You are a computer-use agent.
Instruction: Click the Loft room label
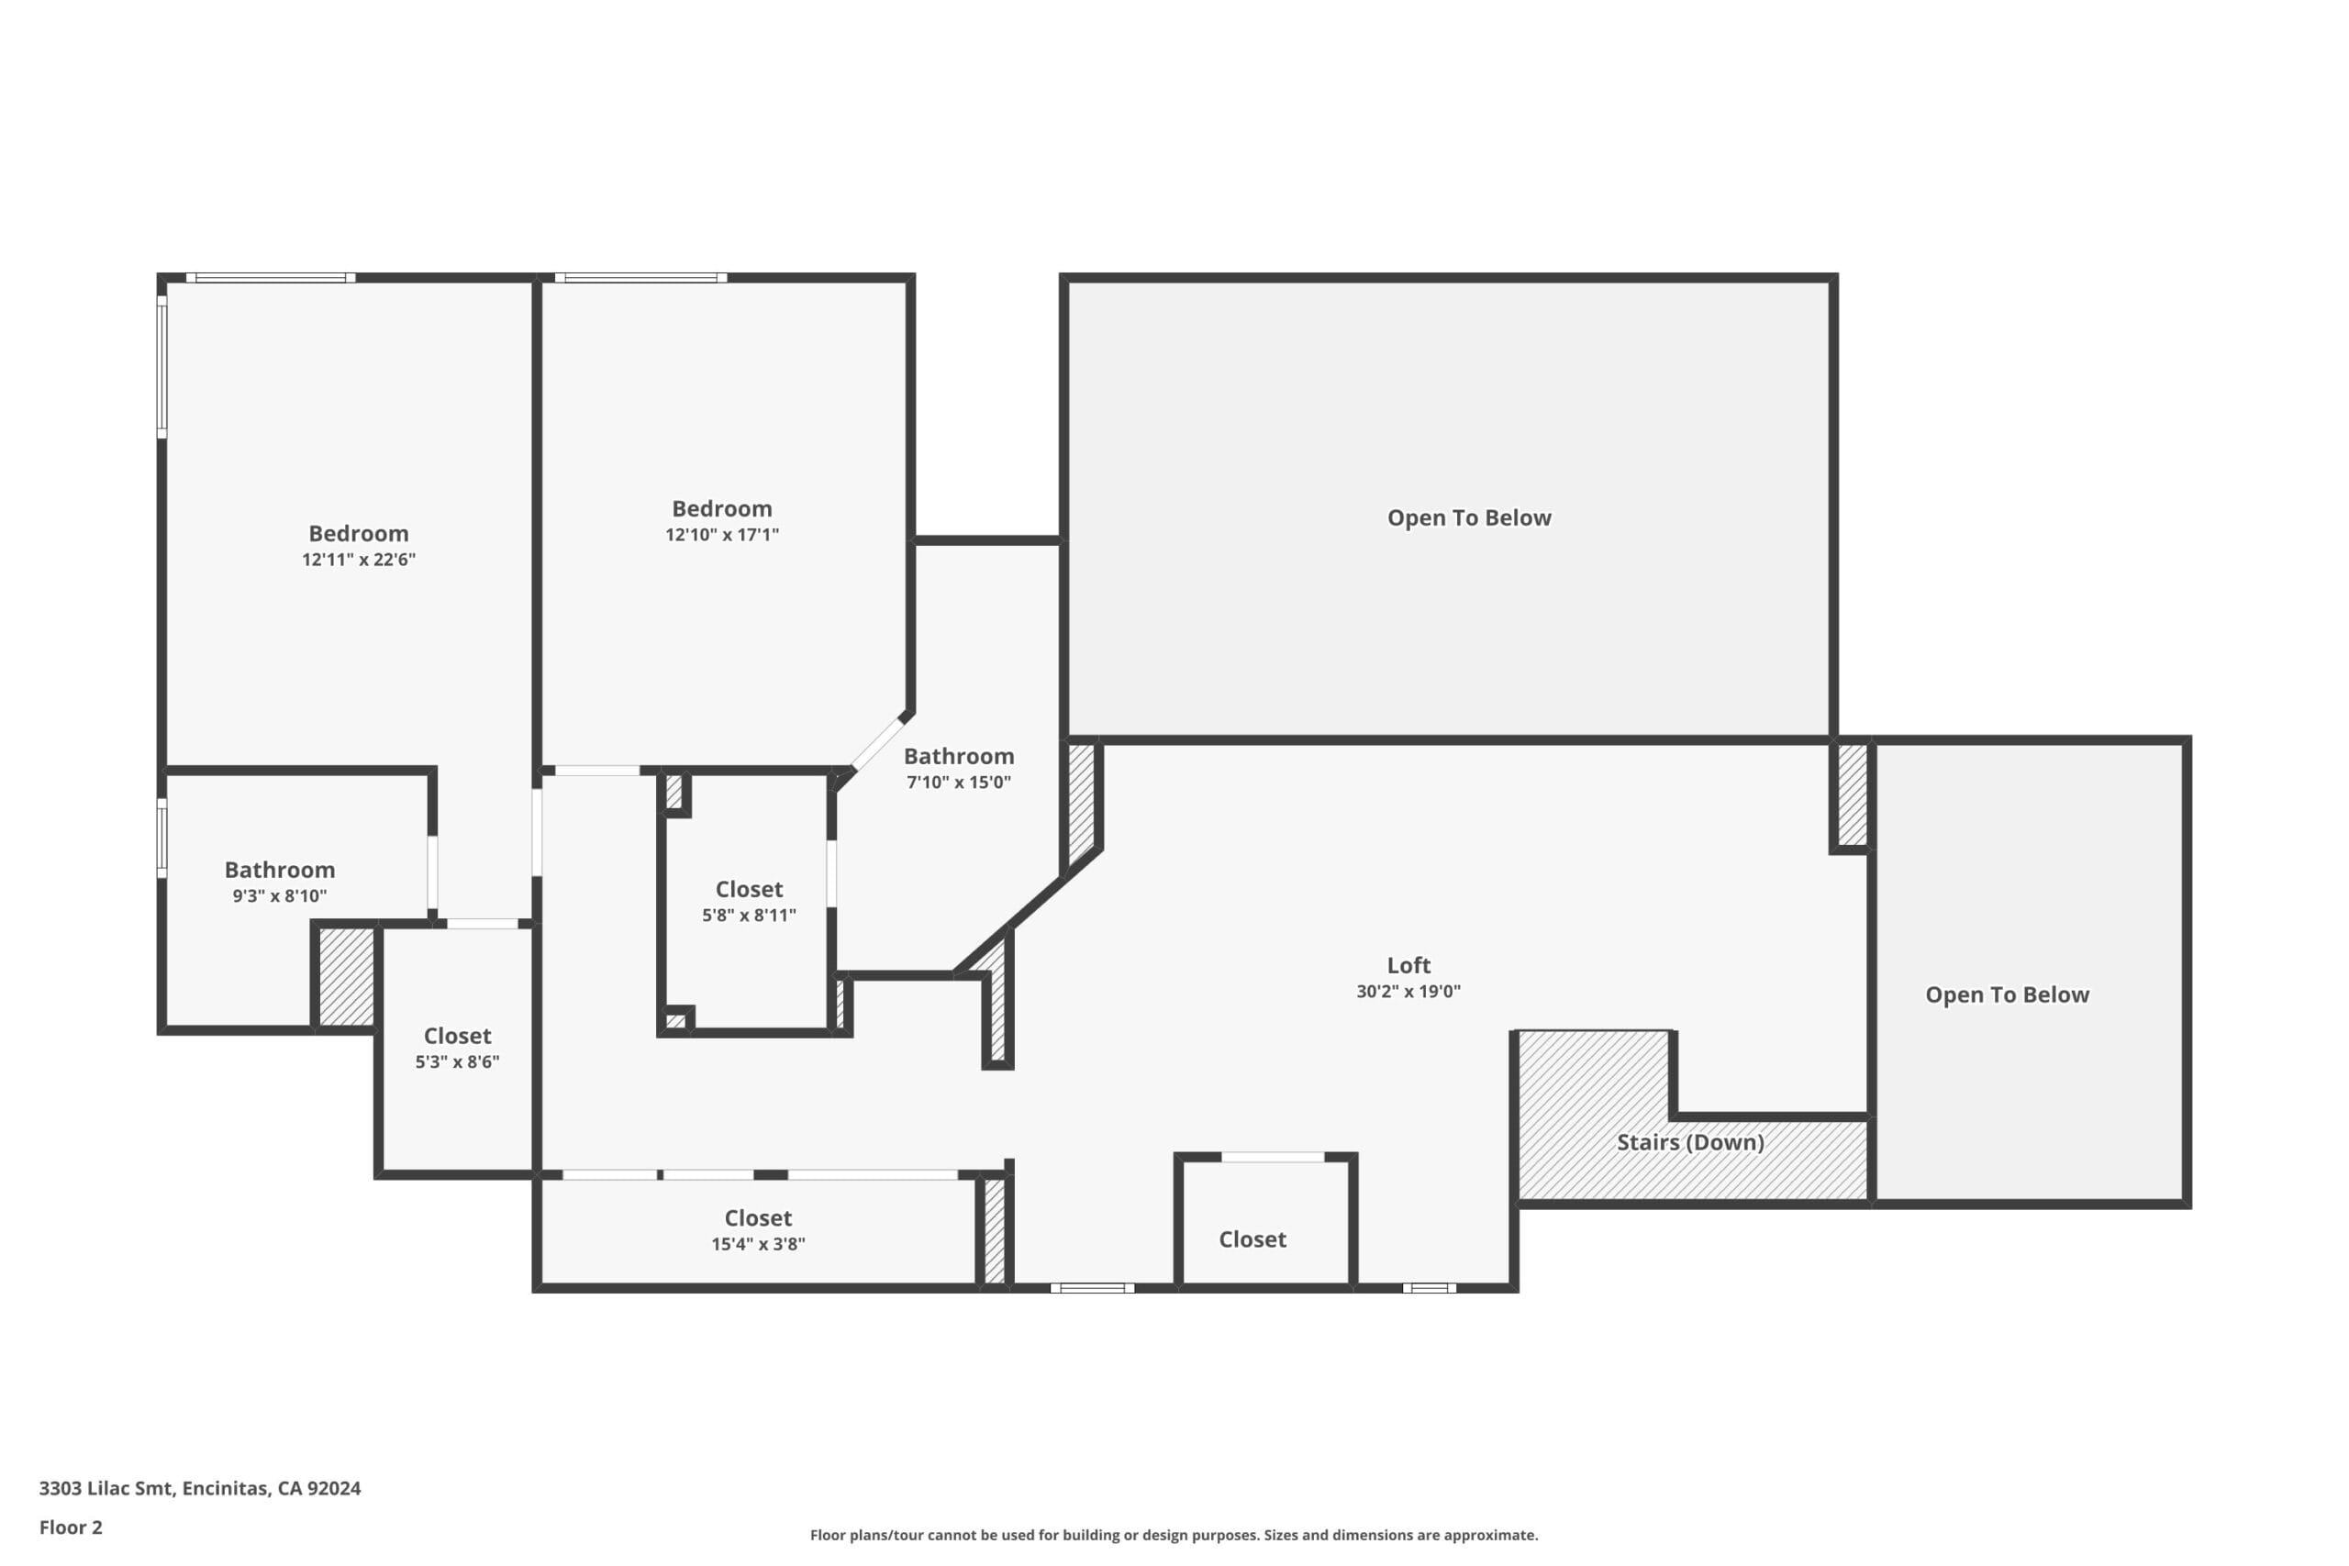[x=1408, y=966]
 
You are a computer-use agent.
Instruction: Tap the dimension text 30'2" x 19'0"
[x=1408, y=992]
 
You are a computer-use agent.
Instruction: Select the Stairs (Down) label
[x=1690, y=1142]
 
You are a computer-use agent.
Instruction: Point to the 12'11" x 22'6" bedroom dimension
[x=359, y=560]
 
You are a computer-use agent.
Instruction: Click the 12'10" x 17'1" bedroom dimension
[x=722, y=534]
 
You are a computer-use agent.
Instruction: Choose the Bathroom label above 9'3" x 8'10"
[x=280, y=870]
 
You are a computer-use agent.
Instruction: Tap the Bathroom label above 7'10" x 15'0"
[x=959, y=756]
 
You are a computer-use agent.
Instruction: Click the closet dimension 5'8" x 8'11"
[x=749, y=915]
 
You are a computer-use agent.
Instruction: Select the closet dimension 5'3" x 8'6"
[x=458, y=1061]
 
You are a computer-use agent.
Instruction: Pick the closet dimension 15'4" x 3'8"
[x=758, y=1243]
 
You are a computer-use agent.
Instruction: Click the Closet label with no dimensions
[x=1252, y=1239]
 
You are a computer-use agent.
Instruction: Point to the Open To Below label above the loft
[x=1469, y=517]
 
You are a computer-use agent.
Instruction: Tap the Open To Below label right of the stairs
[x=2008, y=994]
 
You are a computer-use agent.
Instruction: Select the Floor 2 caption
[x=71, y=1527]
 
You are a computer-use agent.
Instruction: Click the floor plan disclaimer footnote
[x=1174, y=1535]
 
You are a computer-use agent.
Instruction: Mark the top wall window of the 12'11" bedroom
[x=271, y=278]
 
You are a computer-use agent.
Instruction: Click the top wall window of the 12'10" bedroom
[x=641, y=278]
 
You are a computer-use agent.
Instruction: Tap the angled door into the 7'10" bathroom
[x=876, y=743]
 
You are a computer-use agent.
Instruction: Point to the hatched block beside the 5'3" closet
[x=347, y=977]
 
